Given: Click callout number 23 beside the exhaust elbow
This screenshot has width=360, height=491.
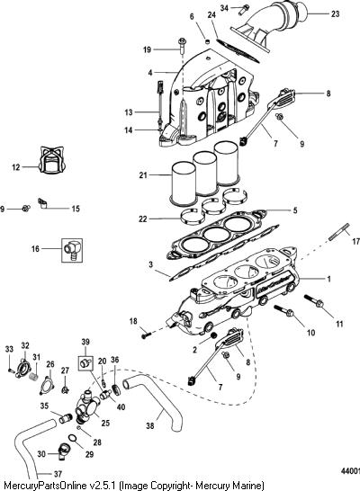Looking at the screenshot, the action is pos(335,13).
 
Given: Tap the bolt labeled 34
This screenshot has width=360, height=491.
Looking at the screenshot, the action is pos(243,9).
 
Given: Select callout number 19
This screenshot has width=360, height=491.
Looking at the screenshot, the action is pos(147,49).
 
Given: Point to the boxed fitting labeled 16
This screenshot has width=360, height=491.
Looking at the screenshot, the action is pos(72,250).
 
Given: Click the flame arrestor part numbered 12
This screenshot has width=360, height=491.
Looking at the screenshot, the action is pos(52,160).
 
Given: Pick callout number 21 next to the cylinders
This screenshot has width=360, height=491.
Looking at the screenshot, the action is pos(143,175).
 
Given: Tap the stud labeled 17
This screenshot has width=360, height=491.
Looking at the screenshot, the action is pos(339,232).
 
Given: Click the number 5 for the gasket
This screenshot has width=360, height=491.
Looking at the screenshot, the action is pos(295,210).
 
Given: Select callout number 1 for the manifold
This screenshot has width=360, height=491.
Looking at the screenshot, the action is pos(328,279).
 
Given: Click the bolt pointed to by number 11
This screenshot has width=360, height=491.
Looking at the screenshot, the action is pos(314,301).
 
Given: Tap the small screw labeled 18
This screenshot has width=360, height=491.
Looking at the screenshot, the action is pos(147,335).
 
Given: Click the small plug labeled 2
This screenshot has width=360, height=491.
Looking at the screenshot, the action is pos(213,335).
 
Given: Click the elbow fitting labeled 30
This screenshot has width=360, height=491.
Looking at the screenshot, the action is pos(63,451).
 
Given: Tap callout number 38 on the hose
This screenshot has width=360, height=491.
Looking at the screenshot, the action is pos(150,425).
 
